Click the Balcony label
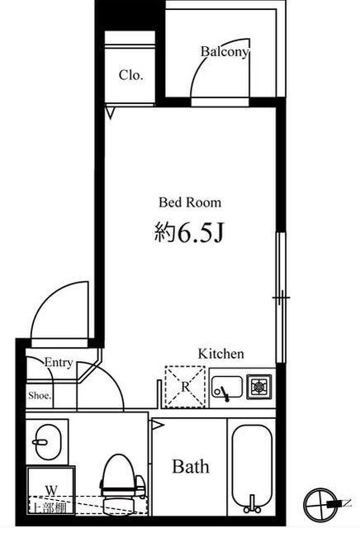pyautogui.click(x=225, y=52)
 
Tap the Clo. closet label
pyautogui.click(x=130, y=75)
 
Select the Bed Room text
pyautogui.click(x=190, y=202)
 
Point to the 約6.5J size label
pyautogui.click(x=189, y=233)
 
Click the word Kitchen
pyautogui.click(x=220, y=354)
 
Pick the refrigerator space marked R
pyautogui.click(x=185, y=387)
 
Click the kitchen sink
pyautogui.click(x=226, y=387)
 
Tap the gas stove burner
pyautogui.click(x=259, y=387)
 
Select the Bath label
pyautogui.click(x=191, y=466)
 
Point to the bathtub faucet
pyautogui.click(x=252, y=504)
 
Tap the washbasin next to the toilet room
pyautogui.click(x=50, y=442)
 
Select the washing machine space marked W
pyautogui.click(x=51, y=490)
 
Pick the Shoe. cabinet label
pyautogui.click(x=40, y=395)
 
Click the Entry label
pyautogui.click(x=59, y=363)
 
